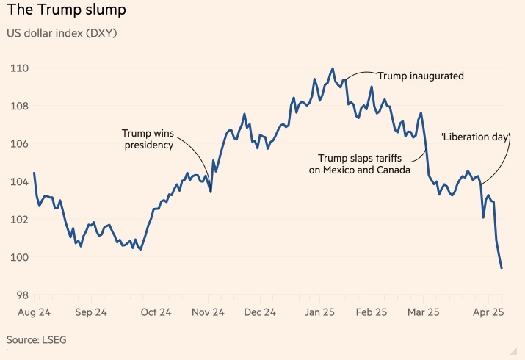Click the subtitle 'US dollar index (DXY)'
pyautogui.click(x=63, y=33)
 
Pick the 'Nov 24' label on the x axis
pyautogui.click(x=208, y=312)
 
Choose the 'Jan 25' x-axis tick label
pyautogui.click(x=319, y=312)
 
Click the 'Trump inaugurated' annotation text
pyautogui.click(x=421, y=75)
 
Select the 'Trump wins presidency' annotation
pyautogui.click(x=148, y=139)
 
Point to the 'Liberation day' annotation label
pyautogui.click(x=475, y=137)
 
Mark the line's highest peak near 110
pyautogui.click(x=333, y=68)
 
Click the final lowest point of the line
pyautogui.click(x=502, y=268)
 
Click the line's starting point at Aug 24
pyautogui.click(x=34, y=173)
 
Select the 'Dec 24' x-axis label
pyautogui.click(x=259, y=312)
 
